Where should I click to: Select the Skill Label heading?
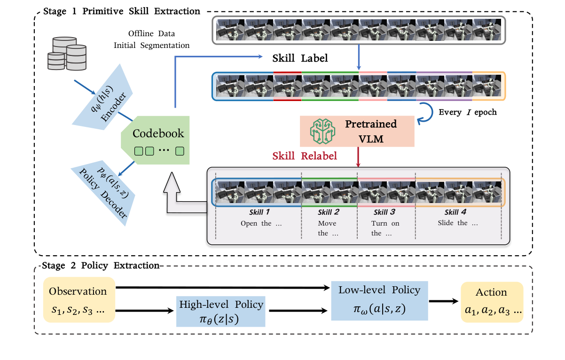(x=300, y=59)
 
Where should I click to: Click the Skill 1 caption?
(x=261, y=212)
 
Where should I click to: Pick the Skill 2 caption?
(x=328, y=212)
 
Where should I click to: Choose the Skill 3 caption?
(x=383, y=212)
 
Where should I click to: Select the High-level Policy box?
(x=221, y=311)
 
